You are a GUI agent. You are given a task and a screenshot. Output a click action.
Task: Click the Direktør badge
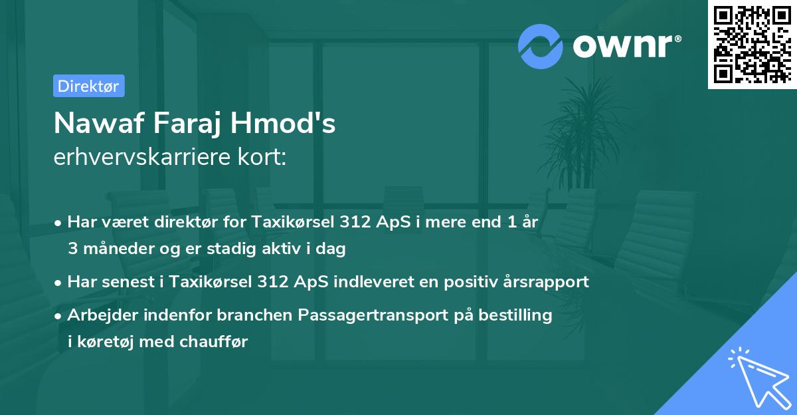88,86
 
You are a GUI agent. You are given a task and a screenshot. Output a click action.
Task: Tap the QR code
752,44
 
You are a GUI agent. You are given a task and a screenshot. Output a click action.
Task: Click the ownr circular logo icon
541,47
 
